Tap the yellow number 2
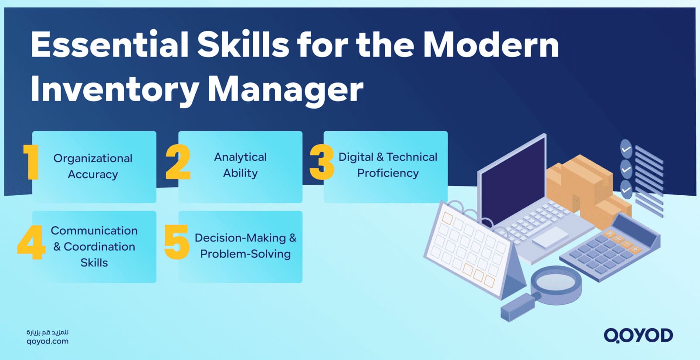click(178, 162)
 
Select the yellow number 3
click(322, 162)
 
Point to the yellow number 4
click(31, 242)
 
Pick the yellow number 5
click(177, 242)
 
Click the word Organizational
click(93, 158)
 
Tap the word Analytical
click(240, 157)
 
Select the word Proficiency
click(388, 173)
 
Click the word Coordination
click(99, 247)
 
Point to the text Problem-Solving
click(245, 254)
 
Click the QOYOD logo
click(638, 335)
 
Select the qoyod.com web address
click(48, 341)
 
